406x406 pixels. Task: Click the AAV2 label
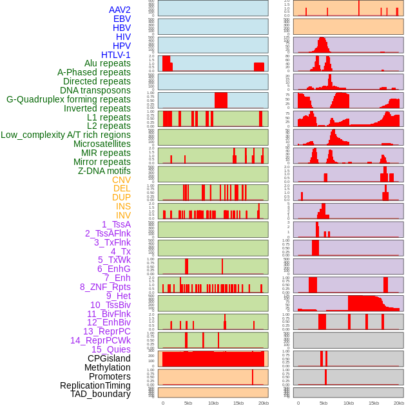(120, 10)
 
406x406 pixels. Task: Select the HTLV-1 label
(116, 55)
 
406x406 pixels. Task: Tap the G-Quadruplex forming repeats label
(68, 99)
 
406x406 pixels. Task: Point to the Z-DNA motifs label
(104, 171)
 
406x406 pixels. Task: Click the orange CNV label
(121, 180)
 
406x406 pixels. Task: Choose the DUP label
(121, 197)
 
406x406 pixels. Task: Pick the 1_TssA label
(116, 224)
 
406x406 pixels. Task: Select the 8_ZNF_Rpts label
(105, 287)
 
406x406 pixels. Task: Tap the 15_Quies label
(111, 349)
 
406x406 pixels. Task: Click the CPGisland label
(109, 358)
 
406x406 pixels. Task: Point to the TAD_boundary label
(101, 394)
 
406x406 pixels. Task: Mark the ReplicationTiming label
(95, 385)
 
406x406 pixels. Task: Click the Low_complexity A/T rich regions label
(66, 135)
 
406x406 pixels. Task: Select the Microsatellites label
(102, 144)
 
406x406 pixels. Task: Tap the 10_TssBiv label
(110, 305)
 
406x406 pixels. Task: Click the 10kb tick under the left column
(213, 403)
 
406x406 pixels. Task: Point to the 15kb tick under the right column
(374, 403)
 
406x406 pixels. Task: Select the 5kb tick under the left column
(188, 403)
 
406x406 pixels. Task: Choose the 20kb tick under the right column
(399, 403)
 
